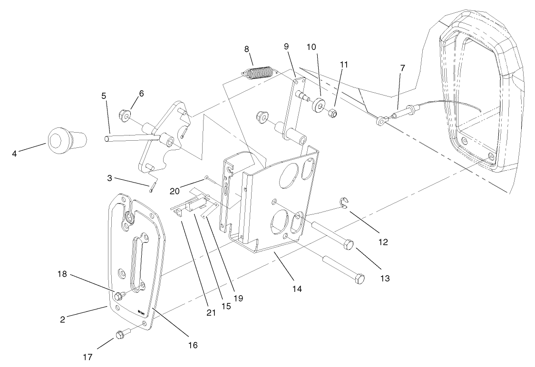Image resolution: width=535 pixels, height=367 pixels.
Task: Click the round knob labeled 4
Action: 66,141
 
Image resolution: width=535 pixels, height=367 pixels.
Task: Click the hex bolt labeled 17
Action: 120,335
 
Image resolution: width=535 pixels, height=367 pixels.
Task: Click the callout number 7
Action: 402,68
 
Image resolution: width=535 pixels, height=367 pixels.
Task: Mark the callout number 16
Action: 193,345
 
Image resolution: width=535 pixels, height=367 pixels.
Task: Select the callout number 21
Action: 211,313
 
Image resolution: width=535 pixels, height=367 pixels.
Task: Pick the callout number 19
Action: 238,299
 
